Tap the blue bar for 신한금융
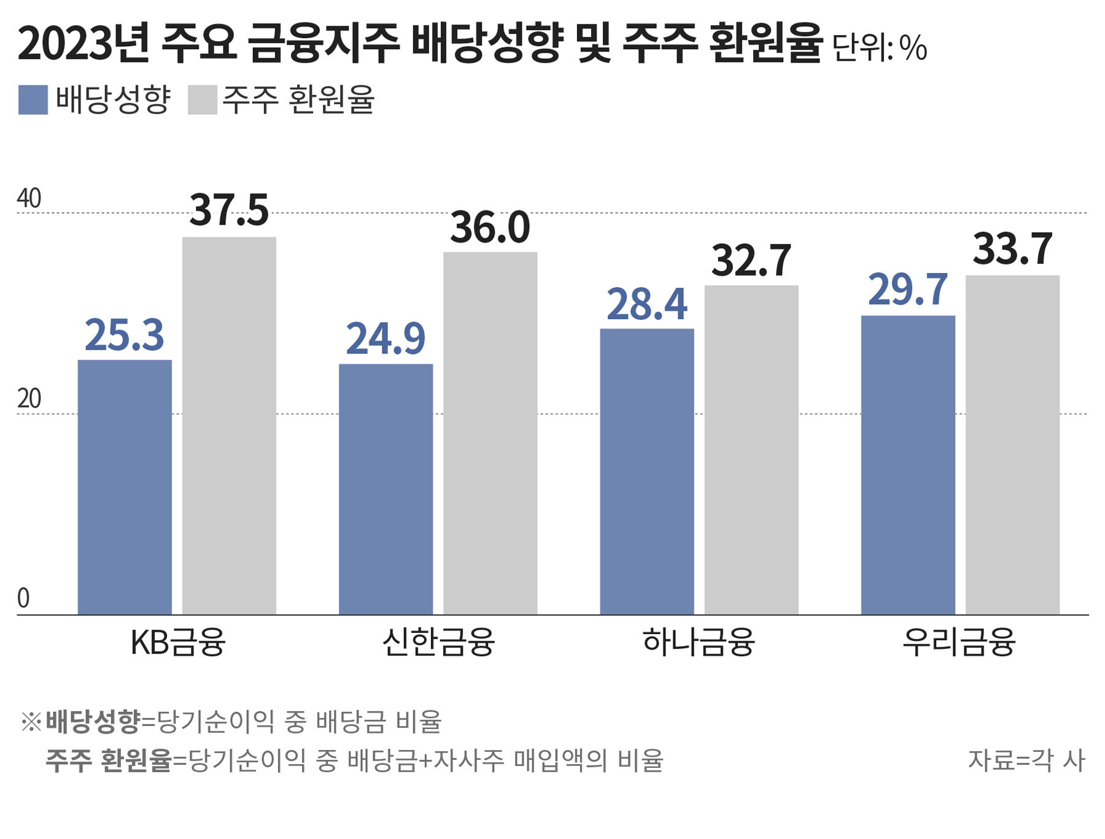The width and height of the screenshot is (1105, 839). click(386, 489)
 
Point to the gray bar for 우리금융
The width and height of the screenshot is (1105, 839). click(1012, 444)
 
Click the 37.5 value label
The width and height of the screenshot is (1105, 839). click(229, 211)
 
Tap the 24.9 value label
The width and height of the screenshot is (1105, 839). click(386, 339)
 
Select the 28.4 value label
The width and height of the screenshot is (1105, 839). click(647, 304)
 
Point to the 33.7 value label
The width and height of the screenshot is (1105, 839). click(1012, 249)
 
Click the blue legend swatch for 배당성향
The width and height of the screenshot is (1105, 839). click(33, 100)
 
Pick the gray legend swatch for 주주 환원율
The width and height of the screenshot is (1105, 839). click(203, 100)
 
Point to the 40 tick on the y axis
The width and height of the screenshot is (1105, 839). click(29, 199)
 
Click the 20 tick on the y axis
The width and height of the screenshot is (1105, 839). click(29, 399)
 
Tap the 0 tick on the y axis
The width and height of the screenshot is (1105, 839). click(23, 598)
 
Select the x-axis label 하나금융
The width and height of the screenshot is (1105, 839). click(699, 643)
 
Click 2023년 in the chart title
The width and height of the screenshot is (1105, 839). click(83, 44)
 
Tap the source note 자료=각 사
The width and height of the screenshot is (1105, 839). click(1026, 760)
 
